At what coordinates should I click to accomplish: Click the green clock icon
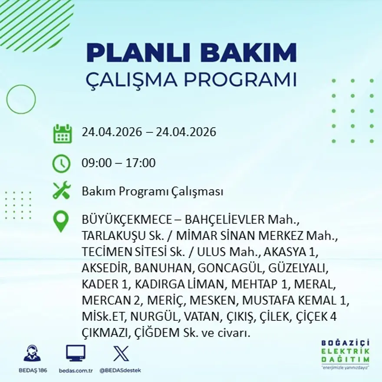[61, 163]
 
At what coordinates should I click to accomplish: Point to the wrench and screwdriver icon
[61, 191]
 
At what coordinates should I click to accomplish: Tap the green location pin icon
[61, 221]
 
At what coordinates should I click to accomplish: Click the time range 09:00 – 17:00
[119, 163]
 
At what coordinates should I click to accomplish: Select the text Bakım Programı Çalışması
[152, 191]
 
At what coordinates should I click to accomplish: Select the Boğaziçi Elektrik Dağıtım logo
[346, 353]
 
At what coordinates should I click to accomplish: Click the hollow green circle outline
[21, 99]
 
